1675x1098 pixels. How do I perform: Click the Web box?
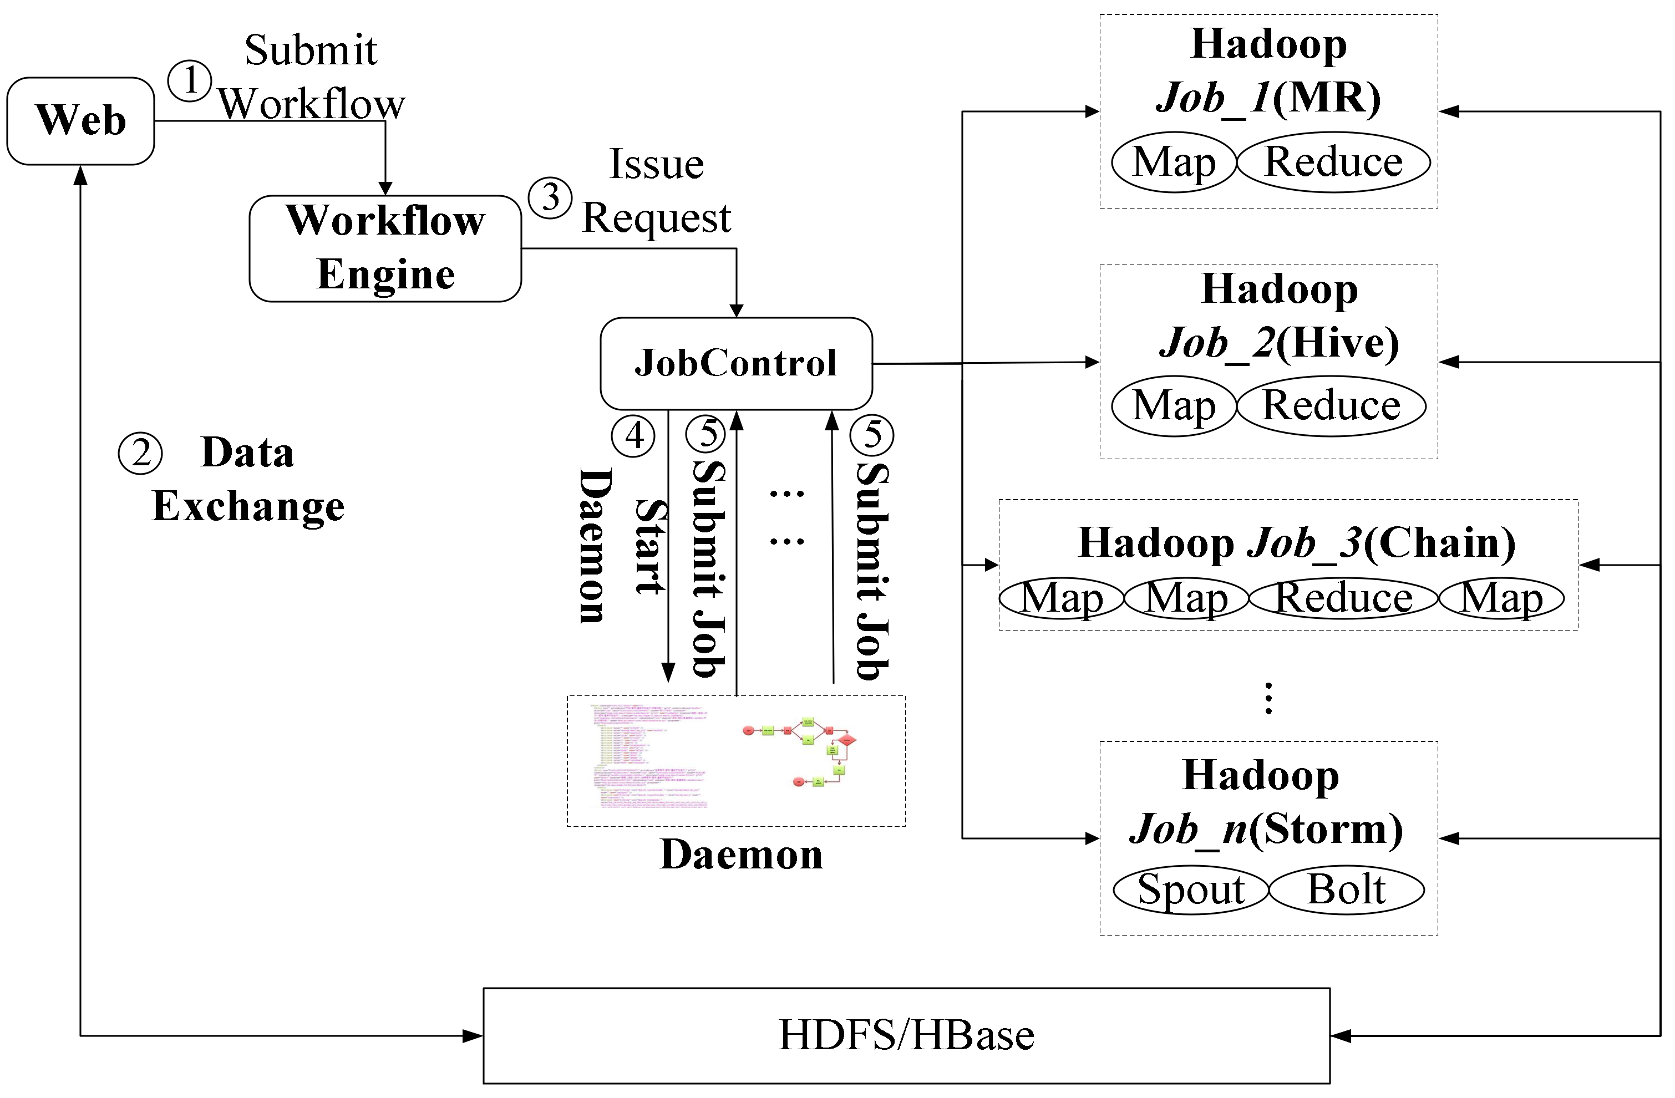click(x=80, y=120)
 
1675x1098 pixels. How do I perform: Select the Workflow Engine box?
click(x=385, y=248)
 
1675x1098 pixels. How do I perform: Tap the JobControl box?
click(x=735, y=363)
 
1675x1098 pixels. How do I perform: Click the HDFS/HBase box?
click(x=906, y=1035)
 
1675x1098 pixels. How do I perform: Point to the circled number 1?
click(x=189, y=81)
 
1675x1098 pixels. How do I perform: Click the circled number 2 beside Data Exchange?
click(x=140, y=453)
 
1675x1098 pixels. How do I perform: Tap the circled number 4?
click(x=633, y=436)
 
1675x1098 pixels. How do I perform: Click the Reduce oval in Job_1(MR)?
click(x=1333, y=162)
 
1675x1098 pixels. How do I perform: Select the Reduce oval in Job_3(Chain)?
click(x=1343, y=598)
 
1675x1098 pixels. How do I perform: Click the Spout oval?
click(x=1191, y=889)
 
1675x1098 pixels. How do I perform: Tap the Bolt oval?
click(x=1346, y=889)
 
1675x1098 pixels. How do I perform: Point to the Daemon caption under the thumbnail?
click(x=740, y=855)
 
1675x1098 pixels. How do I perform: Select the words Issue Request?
click(x=656, y=190)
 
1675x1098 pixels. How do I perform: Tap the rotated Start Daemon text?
click(x=621, y=546)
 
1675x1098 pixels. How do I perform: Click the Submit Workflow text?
click(x=311, y=78)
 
